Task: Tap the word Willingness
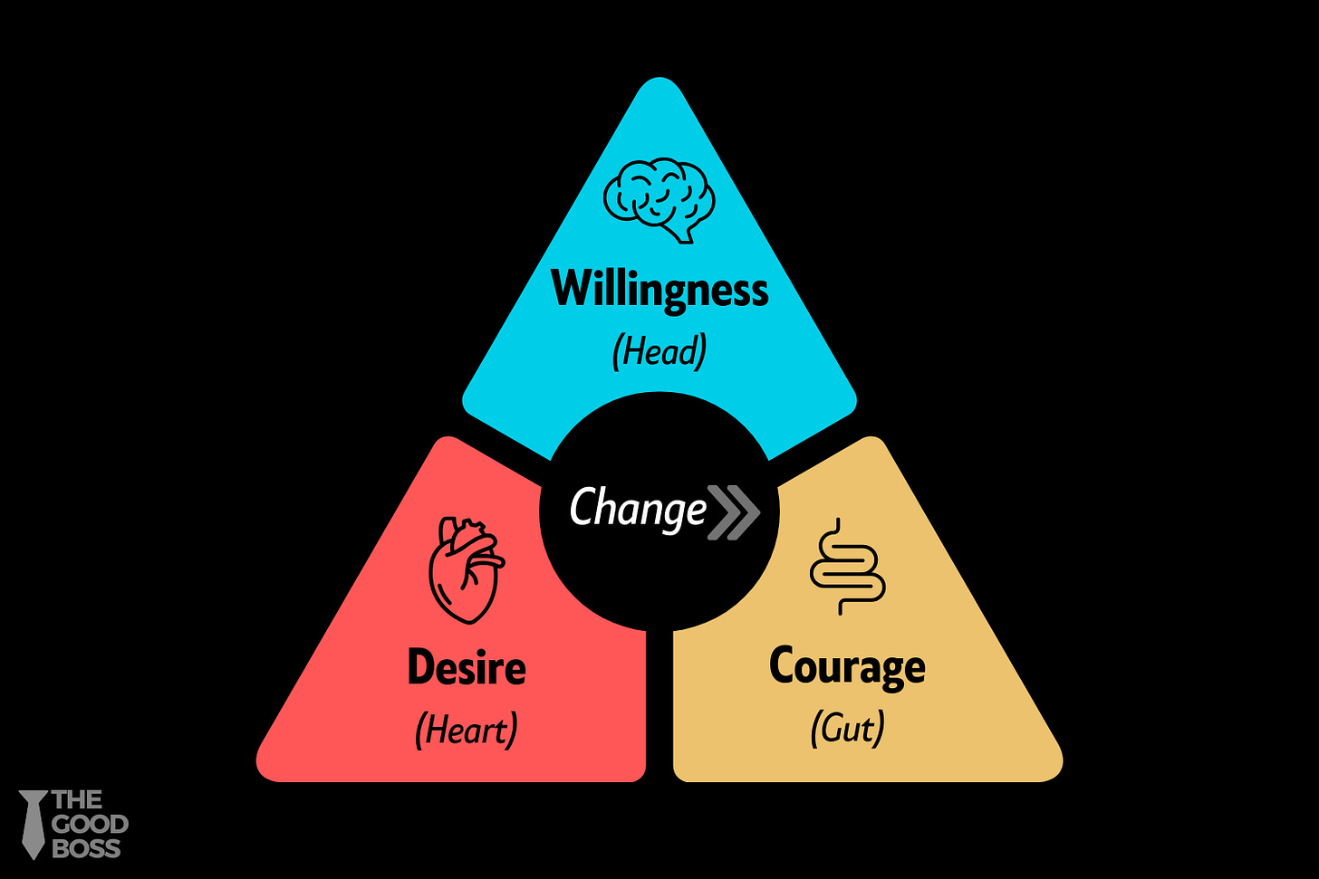[x=659, y=290]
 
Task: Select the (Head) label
[x=659, y=351]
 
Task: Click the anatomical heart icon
[x=466, y=569]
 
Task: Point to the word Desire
[x=467, y=668]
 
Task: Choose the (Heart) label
[x=467, y=730]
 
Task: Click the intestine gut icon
[x=847, y=567]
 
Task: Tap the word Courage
[x=847, y=668]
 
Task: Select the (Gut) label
[x=847, y=728]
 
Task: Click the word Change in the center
[x=638, y=508]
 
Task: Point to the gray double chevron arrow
[x=732, y=512]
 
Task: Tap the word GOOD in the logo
[x=90, y=825]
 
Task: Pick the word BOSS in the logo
[x=86, y=849]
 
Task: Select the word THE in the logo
[x=77, y=800]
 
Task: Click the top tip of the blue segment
[x=659, y=83]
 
